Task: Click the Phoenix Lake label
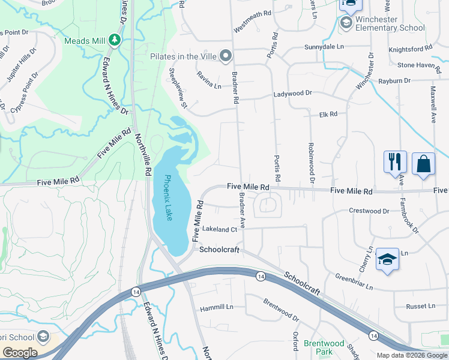[169, 197]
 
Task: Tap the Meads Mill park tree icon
[114, 40]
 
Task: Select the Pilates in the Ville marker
[226, 56]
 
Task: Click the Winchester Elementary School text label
[390, 24]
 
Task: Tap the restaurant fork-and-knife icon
[395, 162]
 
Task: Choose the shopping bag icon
[423, 163]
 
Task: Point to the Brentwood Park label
[324, 348]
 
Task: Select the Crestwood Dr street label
[369, 211]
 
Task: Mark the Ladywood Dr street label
[293, 94]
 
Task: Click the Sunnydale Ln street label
[324, 46]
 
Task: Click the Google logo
[20, 353]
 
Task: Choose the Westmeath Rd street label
[253, 20]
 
